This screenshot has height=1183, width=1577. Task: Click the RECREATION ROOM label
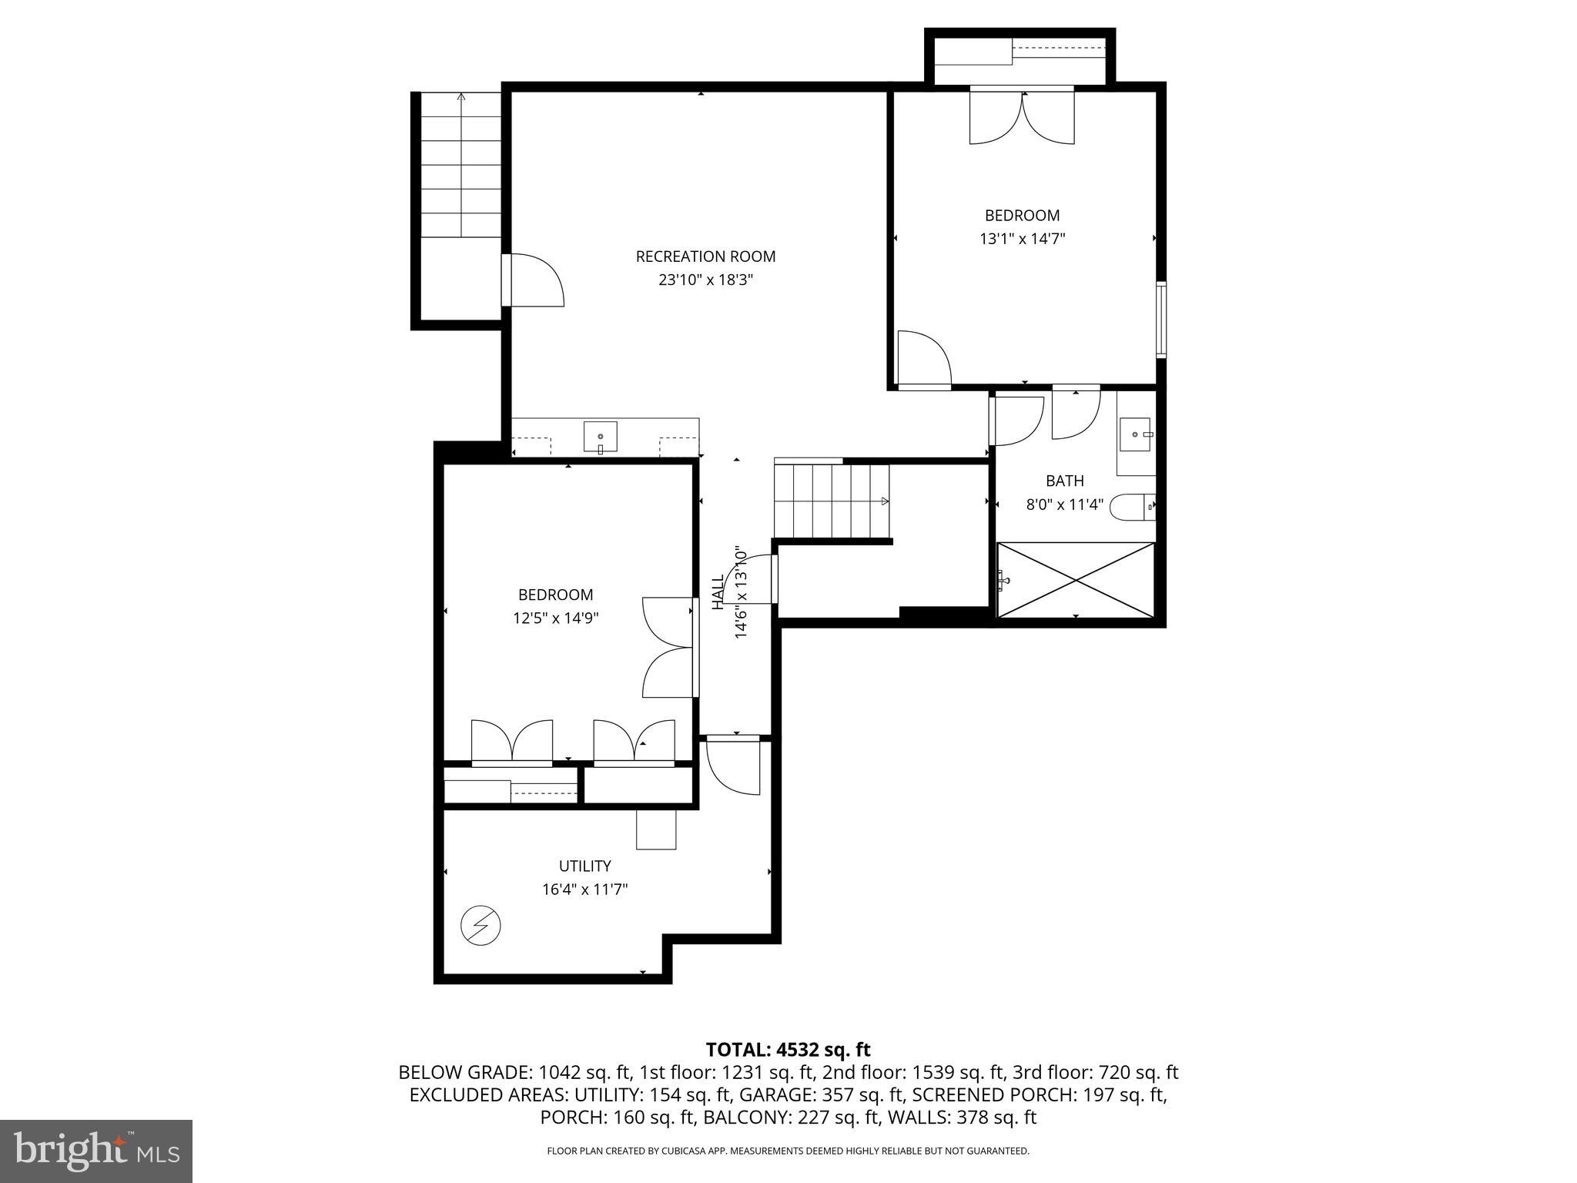705,256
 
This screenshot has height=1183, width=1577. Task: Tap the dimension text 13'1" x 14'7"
1022,239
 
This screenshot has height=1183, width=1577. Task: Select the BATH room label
1064,481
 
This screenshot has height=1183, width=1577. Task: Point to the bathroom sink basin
1135,435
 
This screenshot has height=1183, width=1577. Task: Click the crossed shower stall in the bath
1076,579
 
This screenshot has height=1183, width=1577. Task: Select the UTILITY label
584,866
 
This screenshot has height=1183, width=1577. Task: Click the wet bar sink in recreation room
600,437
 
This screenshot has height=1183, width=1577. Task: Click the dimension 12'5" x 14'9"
555,618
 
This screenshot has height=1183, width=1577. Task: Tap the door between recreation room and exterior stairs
531,280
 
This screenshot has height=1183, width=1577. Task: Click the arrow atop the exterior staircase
461,97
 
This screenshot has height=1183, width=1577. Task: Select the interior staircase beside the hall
831,501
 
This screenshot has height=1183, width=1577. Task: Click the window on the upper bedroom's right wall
1161,320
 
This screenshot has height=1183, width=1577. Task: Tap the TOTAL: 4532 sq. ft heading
788,1049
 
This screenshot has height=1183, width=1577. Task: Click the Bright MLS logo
95,1151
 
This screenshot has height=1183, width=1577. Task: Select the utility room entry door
733,766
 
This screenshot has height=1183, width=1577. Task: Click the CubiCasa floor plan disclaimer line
788,1151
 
